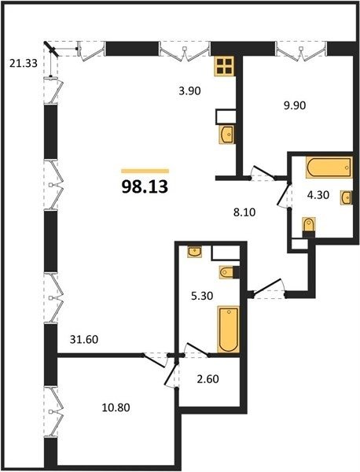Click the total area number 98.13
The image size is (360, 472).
tap(145, 187)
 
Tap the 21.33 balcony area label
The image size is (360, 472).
tap(24, 64)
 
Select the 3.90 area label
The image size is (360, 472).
tap(189, 90)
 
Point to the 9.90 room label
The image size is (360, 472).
tap(295, 105)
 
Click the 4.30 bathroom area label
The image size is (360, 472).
tap(318, 195)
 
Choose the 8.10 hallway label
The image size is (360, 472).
tap(244, 212)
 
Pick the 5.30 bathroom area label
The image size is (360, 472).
tap(202, 296)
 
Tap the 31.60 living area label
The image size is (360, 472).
tap(84, 340)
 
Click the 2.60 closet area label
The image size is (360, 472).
tap(208, 378)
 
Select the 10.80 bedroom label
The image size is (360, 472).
tap(116, 407)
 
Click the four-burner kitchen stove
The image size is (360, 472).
tap(224, 66)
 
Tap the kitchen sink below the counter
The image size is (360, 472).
tap(226, 135)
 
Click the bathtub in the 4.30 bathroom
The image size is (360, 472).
tap(329, 167)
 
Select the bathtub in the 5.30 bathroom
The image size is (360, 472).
tap(229, 330)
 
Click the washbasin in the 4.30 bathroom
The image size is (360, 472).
tap(347, 197)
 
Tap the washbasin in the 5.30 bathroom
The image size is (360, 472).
tap(195, 252)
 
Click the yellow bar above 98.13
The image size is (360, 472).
tap(145, 171)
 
